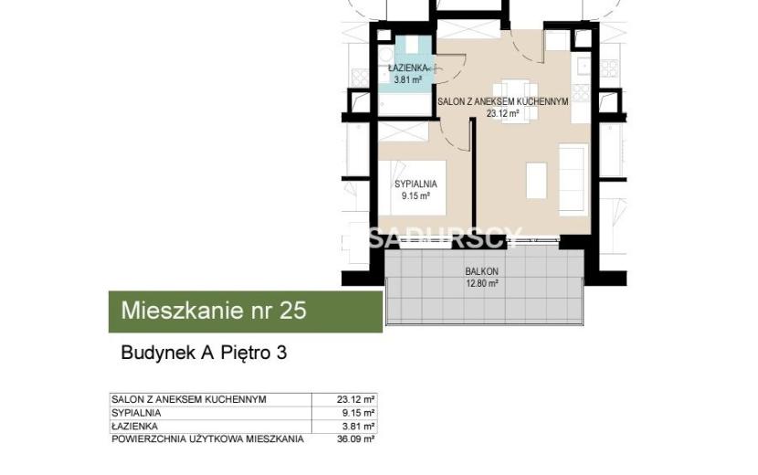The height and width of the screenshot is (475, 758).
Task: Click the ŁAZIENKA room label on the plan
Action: (407, 69)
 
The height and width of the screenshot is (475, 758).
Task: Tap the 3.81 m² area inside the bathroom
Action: (408, 79)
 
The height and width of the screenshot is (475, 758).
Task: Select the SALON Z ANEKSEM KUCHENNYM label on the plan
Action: (503, 102)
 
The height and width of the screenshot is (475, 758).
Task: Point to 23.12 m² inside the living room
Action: (503, 114)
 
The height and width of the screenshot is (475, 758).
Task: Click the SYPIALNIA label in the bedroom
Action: (416, 185)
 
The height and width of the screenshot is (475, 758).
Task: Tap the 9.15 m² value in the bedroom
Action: (416, 195)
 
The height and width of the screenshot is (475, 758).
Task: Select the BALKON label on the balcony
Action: (482, 272)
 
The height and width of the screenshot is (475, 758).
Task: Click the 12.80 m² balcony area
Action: (482, 283)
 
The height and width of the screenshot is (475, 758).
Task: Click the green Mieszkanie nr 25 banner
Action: (246, 311)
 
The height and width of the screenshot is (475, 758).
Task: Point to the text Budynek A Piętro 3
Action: (204, 353)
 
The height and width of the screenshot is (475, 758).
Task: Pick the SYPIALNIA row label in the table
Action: (136, 413)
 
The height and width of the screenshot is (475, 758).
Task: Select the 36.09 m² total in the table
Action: (356, 439)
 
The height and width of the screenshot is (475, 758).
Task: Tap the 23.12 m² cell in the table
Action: (356, 399)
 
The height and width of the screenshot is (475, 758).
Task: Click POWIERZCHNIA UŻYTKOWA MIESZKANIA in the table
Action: (208, 439)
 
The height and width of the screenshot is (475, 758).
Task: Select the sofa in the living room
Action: (574, 179)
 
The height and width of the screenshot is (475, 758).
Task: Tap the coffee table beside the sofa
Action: (536, 181)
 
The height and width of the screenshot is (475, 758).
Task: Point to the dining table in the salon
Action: (516, 101)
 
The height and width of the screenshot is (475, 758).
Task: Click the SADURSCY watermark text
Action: (446, 237)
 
